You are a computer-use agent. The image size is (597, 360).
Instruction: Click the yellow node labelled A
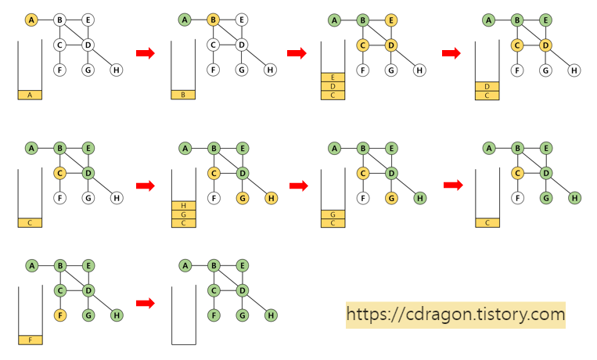point(31,20)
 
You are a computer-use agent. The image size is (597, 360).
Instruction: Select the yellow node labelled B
point(213,20)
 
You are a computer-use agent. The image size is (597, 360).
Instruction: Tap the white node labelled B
point(59,20)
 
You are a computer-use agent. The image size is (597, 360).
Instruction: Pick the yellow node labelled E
point(391,20)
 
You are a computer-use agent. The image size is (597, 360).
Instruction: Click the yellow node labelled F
point(59,315)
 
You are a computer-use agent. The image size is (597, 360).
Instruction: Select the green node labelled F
point(214,315)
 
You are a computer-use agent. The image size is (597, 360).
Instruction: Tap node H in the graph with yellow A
point(117,70)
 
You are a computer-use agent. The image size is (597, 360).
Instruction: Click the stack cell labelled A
point(30,95)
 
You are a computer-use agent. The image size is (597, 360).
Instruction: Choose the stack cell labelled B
point(183,95)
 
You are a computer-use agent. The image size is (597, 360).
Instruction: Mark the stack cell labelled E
point(333,77)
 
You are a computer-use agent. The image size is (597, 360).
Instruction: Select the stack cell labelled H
point(183,205)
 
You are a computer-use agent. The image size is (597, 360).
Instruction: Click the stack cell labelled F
point(30,340)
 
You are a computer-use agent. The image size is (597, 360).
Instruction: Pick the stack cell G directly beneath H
point(183,214)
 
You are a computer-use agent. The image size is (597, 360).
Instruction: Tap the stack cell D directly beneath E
point(333,86)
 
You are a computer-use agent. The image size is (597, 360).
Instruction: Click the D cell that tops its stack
point(487,86)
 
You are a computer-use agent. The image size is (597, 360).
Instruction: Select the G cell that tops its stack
point(333,214)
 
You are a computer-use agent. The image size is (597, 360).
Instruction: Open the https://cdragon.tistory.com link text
point(455,315)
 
